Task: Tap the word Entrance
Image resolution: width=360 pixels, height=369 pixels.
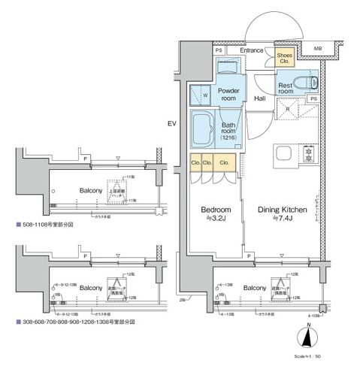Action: [253, 51]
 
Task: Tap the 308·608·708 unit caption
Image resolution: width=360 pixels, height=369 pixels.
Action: [74, 321]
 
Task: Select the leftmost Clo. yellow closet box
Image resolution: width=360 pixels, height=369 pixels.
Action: [194, 162]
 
